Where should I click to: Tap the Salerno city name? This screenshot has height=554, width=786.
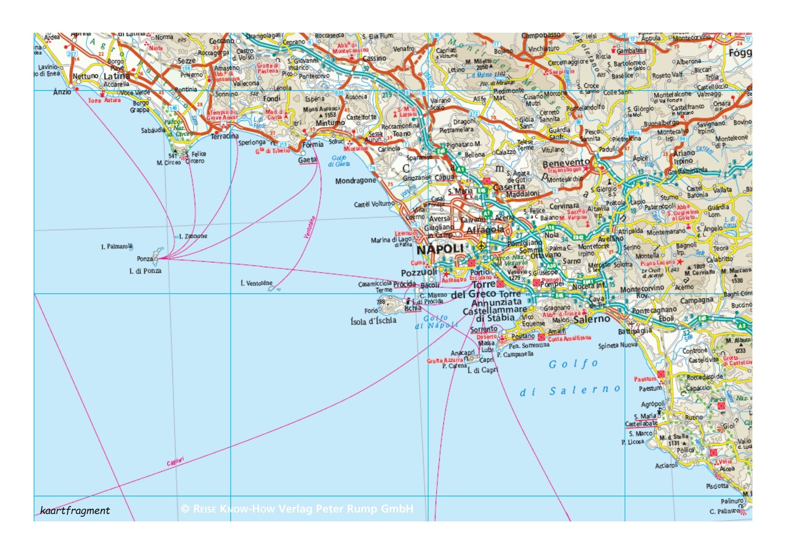(592, 319)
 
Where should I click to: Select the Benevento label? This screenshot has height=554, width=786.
(566, 163)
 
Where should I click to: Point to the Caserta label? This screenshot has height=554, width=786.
(509, 187)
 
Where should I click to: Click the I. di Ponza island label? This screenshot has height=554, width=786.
(145, 271)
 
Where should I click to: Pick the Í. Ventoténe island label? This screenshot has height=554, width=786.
(256, 283)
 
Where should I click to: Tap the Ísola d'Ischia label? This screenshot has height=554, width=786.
(373, 321)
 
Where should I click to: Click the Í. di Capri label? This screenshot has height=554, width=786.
(482, 370)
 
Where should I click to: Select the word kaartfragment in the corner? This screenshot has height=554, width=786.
(75, 511)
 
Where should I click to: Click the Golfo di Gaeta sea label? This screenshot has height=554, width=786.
(339, 161)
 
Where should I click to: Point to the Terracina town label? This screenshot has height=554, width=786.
(225, 136)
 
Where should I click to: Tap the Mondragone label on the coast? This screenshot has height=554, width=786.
(355, 181)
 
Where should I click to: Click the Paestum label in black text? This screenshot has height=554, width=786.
(650, 389)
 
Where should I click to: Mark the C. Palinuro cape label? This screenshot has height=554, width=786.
(724, 511)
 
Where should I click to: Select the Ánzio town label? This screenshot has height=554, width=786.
(62, 92)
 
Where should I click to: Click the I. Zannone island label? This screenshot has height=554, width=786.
(193, 236)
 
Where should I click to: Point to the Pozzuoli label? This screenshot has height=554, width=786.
(419, 273)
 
